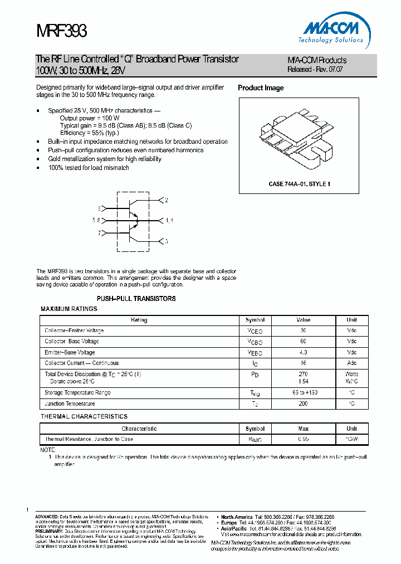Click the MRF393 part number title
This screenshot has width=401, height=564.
pyautogui.click(x=61, y=30)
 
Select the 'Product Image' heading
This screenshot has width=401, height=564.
pyautogui.click(x=261, y=88)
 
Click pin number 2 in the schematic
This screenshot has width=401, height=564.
pyautogui.click(x=166, y=200)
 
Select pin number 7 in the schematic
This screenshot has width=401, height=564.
pyautogui.click(x=100, y=234)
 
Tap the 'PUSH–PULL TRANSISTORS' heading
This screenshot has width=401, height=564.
pyautogui.click(x=136, y=299)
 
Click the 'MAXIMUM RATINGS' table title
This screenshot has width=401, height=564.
pyautogui.click(x=69, y=309)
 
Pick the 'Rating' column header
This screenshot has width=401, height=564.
pyautogui.click(x=139, y=320)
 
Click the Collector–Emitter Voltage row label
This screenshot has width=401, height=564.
pyautogui.click(x=74, y=331)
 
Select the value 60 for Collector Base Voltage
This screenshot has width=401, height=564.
pyautogui.click(x=303, y=342)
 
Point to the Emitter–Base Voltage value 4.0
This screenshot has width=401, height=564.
pyautogui.click(x=303, y=352)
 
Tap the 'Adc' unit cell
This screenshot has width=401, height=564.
pyautogui.click(x=351, y=363)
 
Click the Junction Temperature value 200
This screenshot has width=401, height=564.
pyautogui.click(x=303, y=403)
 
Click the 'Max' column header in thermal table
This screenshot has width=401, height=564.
pyautogui.click(x=303, y=429)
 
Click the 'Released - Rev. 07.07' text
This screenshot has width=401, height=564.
pyautogui.click(x=315, y=70)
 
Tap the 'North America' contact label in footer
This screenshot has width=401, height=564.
pyautogui.click(x=237, y=517)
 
